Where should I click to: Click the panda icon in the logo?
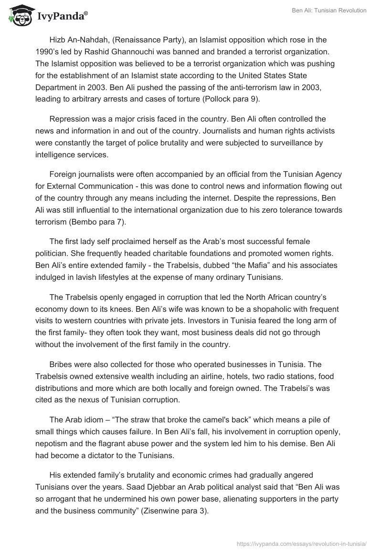(18, 16)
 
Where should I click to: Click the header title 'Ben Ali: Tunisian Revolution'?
(329, 10)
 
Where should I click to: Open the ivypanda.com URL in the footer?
(301, 543)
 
